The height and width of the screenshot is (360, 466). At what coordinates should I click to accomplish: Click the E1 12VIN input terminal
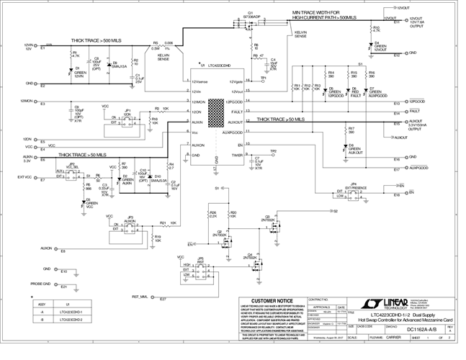[43, 48]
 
